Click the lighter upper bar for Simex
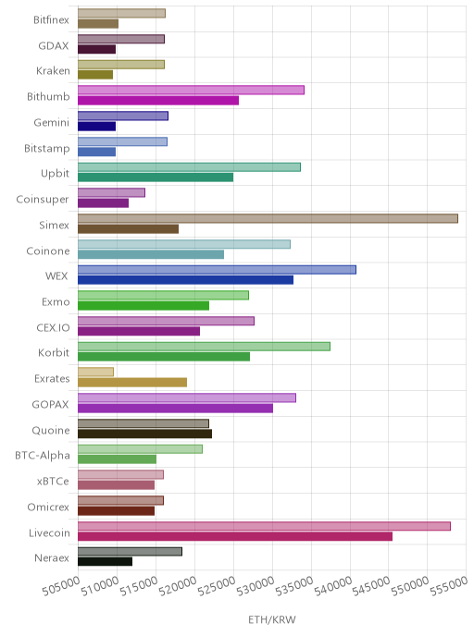[x=268, y=218]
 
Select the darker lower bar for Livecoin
[x=235, y=536]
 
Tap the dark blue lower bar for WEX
[x=186, y=280]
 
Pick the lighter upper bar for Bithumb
[x=191, y=90]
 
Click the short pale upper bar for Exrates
[x=96, y=372]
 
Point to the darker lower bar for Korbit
[x=164, y=357]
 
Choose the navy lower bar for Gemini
[x=96, y=126]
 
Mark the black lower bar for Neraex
[x=106, y=561]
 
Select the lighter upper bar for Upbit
[x=189, y=167]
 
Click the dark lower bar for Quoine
[x=145, y=434]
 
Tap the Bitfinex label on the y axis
[x=51, y=20]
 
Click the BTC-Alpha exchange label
[x=43, y=456]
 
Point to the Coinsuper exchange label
[x=43, y=200]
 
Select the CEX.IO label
[x=53, y=328]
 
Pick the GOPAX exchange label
[x=50, y=404]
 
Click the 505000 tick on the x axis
[x=61, y=586]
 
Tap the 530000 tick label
[x=256, y=586]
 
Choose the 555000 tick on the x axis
[x=450, y=586]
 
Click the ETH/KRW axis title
[x=272, y=619]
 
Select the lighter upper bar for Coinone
[x=184, y=244]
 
